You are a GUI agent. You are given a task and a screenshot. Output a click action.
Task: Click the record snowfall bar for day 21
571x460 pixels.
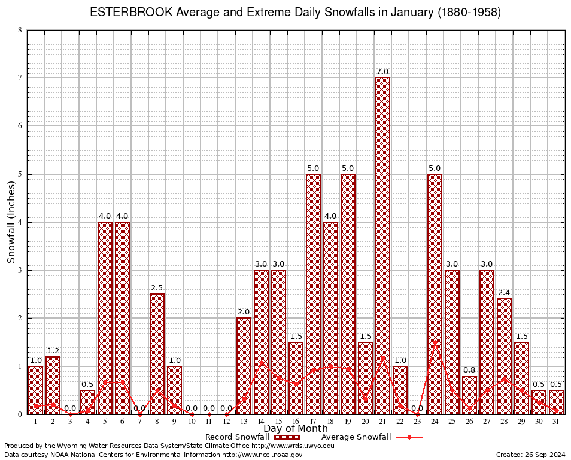382,246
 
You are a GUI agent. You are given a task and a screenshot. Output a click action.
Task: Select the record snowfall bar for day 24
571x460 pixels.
435,293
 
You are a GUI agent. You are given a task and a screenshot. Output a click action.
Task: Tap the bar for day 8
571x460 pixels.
157,353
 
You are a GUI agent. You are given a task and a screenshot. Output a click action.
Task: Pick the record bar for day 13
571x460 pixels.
244,365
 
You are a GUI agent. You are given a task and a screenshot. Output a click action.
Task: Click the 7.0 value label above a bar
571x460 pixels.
382,72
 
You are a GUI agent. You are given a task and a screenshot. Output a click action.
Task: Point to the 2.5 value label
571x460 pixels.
157,288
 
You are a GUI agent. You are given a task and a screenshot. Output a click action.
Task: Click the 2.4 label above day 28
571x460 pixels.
504,293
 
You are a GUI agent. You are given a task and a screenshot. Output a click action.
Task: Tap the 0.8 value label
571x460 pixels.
469,370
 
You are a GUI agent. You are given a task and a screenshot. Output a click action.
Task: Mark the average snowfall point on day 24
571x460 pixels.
435,342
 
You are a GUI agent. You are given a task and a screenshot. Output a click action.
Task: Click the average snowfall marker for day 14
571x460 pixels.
261,362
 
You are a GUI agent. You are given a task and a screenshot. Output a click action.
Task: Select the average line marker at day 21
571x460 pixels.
382,358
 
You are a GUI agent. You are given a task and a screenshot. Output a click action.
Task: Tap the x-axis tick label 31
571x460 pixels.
556,422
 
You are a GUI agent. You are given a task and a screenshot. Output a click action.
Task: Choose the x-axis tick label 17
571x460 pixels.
313,422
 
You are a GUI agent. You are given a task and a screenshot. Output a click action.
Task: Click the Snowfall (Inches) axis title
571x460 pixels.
11,222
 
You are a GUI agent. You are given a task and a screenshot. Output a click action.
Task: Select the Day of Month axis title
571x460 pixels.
296,429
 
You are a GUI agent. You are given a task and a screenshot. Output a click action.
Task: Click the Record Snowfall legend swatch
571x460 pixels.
286,437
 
